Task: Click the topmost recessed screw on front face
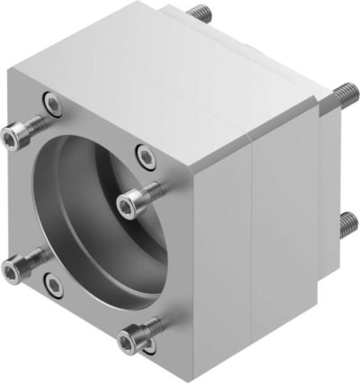pos(54,106)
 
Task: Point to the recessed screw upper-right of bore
pos(142,154)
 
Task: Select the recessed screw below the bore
pos(56,287)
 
